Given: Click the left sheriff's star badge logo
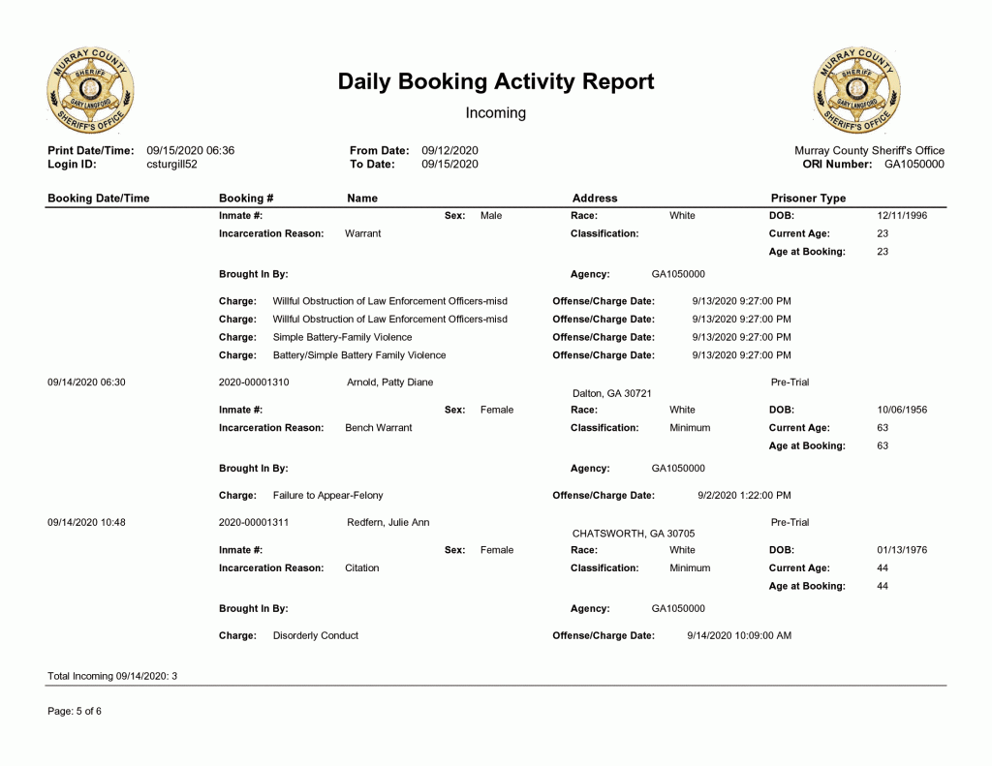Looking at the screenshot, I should coord(90,90).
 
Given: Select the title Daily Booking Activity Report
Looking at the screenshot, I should coord(496,82).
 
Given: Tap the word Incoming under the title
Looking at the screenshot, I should coord(496,113).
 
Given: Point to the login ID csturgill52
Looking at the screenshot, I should coord(171,165).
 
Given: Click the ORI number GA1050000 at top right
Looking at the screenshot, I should coord(914,165).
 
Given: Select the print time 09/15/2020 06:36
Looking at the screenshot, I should coord(190,151).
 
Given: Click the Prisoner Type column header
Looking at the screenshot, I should coord(808,199).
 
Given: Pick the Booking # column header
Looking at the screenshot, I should coord(246,199).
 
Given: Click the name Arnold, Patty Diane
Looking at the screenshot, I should coord(389,383).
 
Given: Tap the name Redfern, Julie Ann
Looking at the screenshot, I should coord(387,523).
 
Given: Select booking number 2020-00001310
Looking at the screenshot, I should coord(254,383).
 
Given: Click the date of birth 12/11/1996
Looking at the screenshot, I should coord(902,216).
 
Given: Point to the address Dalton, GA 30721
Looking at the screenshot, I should coord(612,394).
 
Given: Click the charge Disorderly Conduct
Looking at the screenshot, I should coord(316,636).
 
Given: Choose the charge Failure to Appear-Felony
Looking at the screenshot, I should coord(327,496).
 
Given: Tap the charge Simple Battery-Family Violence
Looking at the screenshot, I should coord(342,337).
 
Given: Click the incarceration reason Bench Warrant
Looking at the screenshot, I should coord(378,428).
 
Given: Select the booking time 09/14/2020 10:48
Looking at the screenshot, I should coord(86,523).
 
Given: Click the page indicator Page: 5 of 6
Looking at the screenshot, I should coord(75,712).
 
